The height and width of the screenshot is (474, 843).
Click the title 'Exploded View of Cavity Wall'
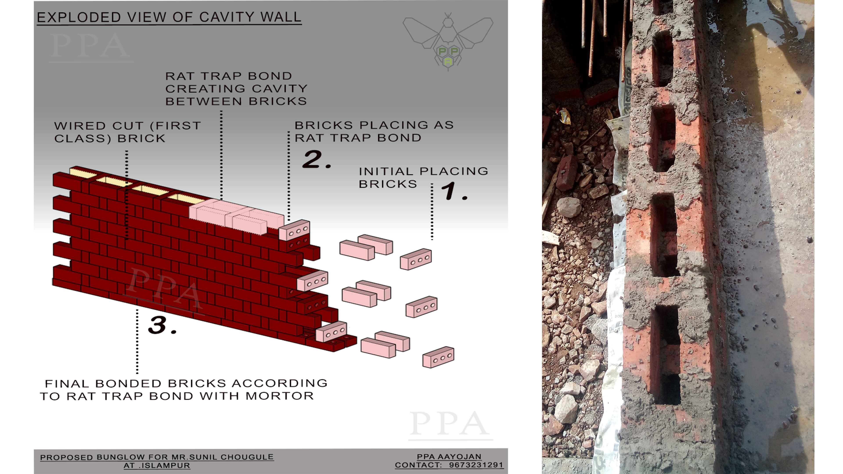click(169, 17)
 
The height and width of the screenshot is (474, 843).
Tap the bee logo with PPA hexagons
click(448, 41)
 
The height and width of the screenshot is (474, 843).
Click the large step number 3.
click(162, 325)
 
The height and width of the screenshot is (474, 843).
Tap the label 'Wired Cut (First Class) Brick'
click(127, 132)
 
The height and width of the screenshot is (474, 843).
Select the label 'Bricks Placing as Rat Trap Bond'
click(374, 131)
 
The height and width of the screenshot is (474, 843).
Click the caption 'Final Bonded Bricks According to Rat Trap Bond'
click(183, 390)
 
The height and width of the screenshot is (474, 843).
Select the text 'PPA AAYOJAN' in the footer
click(449, 457)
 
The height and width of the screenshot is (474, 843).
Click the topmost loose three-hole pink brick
click(416, 259)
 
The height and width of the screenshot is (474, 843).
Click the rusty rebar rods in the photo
click(605, 36)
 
